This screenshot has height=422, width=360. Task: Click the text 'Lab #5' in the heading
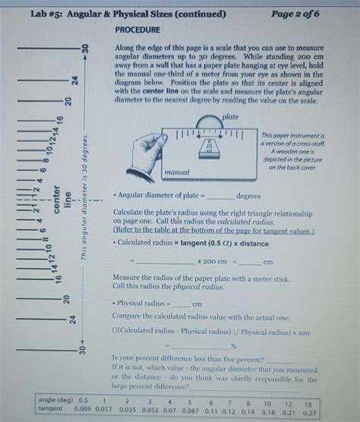point(45,14)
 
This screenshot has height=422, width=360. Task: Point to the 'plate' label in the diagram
point(231,117)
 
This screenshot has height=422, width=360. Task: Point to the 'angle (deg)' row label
point(52,398)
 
